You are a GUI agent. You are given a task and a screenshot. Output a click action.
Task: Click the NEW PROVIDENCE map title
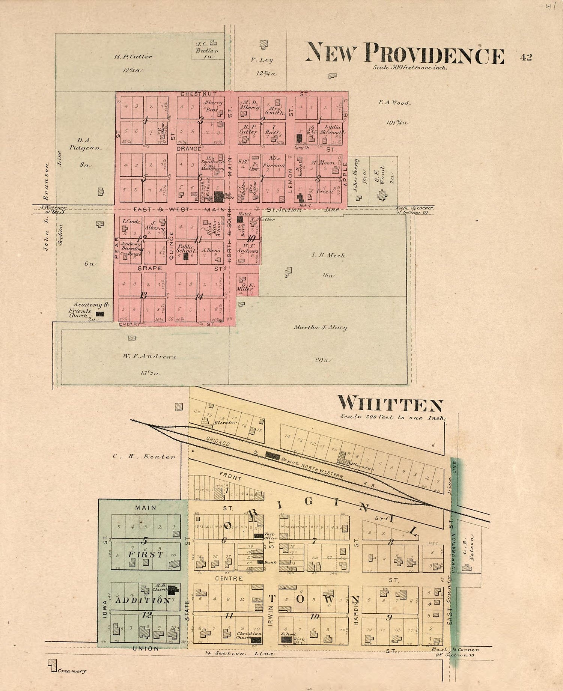click(x=405, y=54)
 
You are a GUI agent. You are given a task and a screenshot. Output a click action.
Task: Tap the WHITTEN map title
click(x=390, y=404)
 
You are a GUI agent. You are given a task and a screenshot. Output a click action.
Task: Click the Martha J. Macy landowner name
click(x=320, y=327)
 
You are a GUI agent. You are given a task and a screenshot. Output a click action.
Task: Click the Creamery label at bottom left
click(x=71, y=671)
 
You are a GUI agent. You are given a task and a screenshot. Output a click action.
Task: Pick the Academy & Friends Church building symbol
click(x=100, y=314)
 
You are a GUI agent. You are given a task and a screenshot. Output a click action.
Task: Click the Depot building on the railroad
click(x=272, y=455)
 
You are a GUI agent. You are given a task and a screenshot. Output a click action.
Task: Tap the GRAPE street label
click(x=150, y=268)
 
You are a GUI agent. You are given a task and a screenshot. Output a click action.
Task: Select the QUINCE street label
click(x=172, y=245)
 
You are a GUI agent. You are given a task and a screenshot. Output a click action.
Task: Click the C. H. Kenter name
click(x=144, y=457)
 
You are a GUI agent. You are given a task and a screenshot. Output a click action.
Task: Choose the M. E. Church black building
click(x=172, y=590)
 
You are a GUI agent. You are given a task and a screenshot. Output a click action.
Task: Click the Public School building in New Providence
click(x=185, y=256)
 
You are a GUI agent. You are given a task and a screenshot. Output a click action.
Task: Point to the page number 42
click(x=526, y=57)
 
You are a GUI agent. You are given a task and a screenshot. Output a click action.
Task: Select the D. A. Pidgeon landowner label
click(x=84, y=145)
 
